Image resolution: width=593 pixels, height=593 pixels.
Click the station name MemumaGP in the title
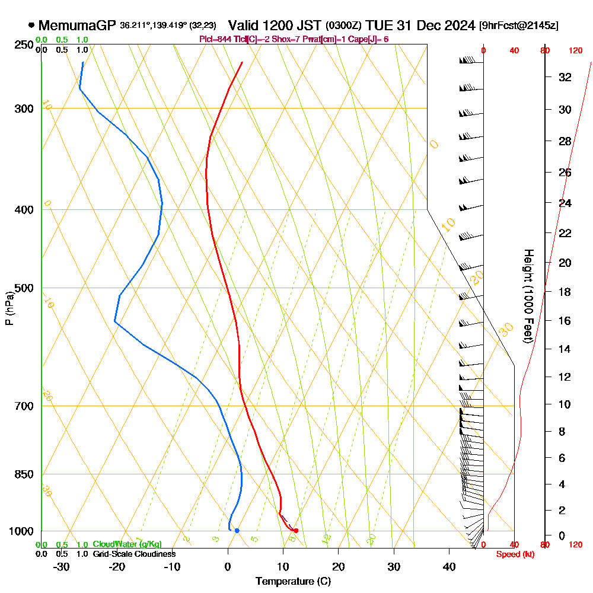point(77,25)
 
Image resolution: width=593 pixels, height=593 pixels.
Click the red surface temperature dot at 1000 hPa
point(295,530)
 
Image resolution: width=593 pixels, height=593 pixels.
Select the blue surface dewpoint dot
point(237,530)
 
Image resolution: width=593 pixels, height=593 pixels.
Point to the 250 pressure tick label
point(23,45)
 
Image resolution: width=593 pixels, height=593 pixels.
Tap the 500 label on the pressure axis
point(23,288)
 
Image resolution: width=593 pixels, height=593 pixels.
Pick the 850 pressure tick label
point(23,474)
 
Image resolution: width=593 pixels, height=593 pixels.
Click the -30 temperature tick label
point(62,566)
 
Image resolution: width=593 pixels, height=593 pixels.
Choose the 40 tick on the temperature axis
point(449,566)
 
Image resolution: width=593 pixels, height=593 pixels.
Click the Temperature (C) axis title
point(293,581)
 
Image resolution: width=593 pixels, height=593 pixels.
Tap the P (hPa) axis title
point(9,308)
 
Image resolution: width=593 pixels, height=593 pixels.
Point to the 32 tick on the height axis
point(565,77)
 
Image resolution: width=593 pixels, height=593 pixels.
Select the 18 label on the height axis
point(565,292)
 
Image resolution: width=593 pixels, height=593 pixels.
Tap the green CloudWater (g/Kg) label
point(127,544)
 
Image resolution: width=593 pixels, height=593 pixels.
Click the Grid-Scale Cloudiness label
point(134,554)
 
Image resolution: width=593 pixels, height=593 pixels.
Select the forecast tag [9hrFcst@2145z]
point(518,26)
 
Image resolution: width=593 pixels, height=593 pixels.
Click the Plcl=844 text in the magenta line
point(216,39)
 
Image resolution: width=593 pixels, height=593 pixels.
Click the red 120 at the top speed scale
point(575,51)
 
